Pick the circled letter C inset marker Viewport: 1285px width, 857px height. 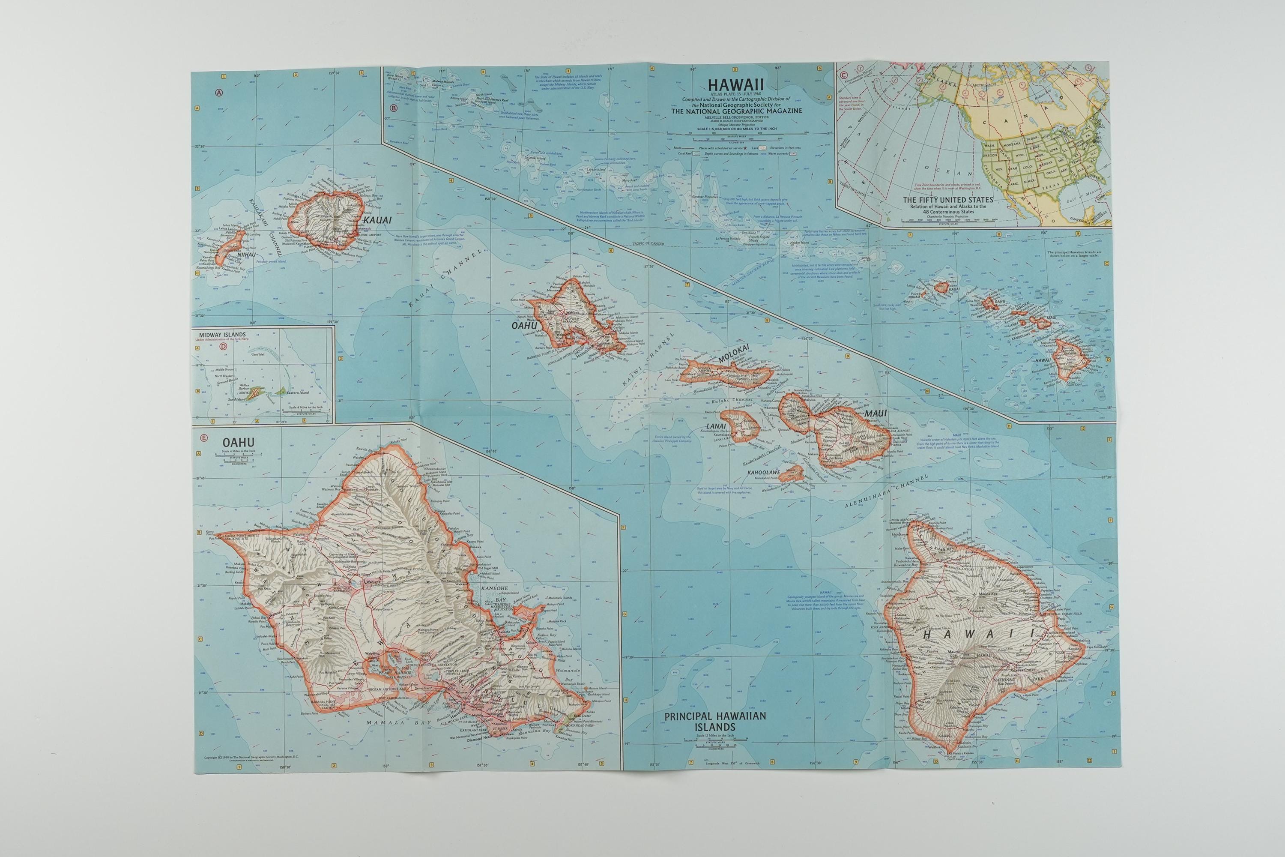(844, 75)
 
